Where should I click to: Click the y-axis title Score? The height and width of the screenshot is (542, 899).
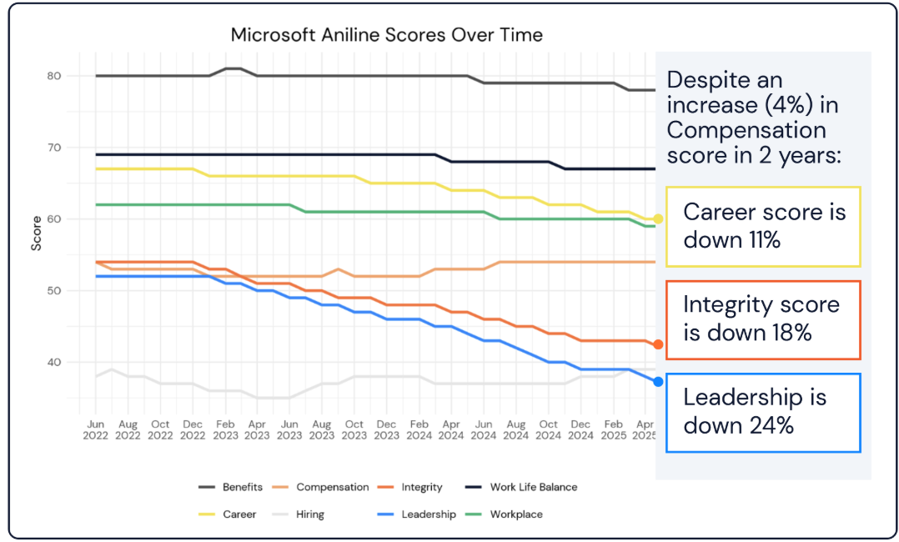(x=36, y=234)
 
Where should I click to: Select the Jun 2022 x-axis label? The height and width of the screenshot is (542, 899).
(x=96, y=429)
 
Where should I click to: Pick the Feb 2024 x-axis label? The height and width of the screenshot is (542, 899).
(x=419, y=429)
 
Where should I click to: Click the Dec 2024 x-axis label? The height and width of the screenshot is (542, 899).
(x=580, y=429)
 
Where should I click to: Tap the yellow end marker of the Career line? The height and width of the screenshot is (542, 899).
(x=658, y=218)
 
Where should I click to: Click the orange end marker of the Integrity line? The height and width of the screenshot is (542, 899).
(x=658, y=344)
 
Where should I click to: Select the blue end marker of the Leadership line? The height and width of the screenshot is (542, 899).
(x=658, y=382)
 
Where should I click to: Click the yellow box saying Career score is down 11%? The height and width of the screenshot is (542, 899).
(x=763, y=226)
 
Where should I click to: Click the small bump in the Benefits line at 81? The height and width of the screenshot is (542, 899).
(x=233, y=68)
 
